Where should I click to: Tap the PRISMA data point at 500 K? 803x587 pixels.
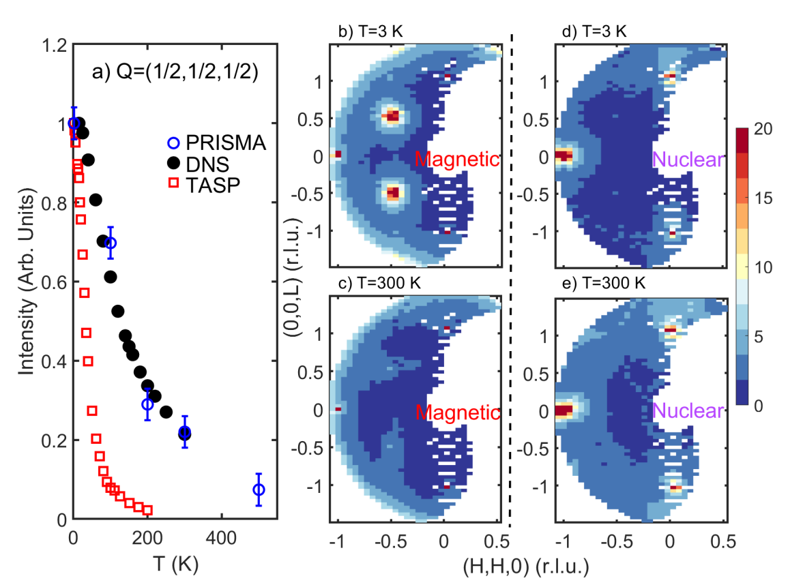click(x=258, y=490)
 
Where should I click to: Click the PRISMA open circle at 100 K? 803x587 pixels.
click(x=110, y=243)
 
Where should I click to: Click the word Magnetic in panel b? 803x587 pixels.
click(x=457, y=160)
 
